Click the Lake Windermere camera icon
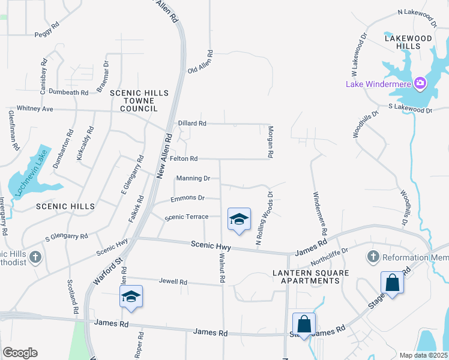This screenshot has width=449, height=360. (420, 83)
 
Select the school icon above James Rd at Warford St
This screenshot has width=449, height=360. (131, 297)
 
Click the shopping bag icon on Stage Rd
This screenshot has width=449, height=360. (392, 283)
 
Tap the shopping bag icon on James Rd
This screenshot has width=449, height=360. (304, 324)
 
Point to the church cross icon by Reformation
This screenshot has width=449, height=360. (373, 257)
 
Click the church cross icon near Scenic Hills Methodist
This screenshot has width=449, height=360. (35, 257)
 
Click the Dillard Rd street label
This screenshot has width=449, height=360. (192, 124)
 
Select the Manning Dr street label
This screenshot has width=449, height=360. (193, 178)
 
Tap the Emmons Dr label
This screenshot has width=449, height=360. (187, 198)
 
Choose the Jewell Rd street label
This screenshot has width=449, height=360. (173, 281)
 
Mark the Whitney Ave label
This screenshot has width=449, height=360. (35, 109)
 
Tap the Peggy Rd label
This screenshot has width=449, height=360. (47, 34)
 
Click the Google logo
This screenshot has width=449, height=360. (20, 352)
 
